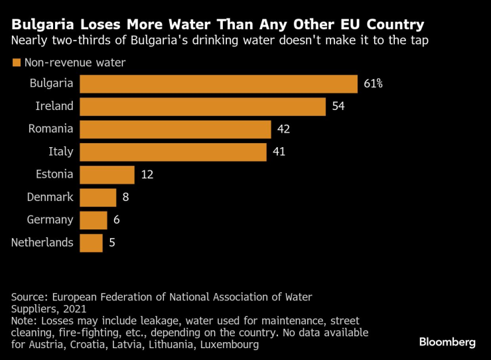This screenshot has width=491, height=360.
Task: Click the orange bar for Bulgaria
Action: [x=219, y=84]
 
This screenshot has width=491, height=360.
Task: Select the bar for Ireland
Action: [x=202, y=107]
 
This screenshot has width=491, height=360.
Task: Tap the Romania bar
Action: [x=175, y=129]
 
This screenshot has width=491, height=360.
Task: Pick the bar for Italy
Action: [x=173, y=152]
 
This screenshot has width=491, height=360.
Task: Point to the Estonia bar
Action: [x=107, y=174]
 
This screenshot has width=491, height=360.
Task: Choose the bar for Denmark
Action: [x=98, y=197]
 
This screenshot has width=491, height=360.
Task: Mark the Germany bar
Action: [x=94, y=219]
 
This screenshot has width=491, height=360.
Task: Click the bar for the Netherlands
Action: [x=91, y=243]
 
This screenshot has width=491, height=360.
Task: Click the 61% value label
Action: [x=374, y=84]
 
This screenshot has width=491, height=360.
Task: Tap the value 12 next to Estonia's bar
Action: [x=147, y=174]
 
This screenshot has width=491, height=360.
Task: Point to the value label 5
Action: [x=112, y=243]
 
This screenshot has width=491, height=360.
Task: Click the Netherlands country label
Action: [x=42, y=243]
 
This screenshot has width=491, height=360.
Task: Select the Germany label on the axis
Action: [x=50, y=219]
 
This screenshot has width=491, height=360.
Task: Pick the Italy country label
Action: [x=61, y=152]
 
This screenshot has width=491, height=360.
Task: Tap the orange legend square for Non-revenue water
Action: [x=16, y=63]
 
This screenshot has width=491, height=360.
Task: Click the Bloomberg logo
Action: [x=447, y=342]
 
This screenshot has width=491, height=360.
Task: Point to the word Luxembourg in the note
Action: [x=226, y=345]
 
